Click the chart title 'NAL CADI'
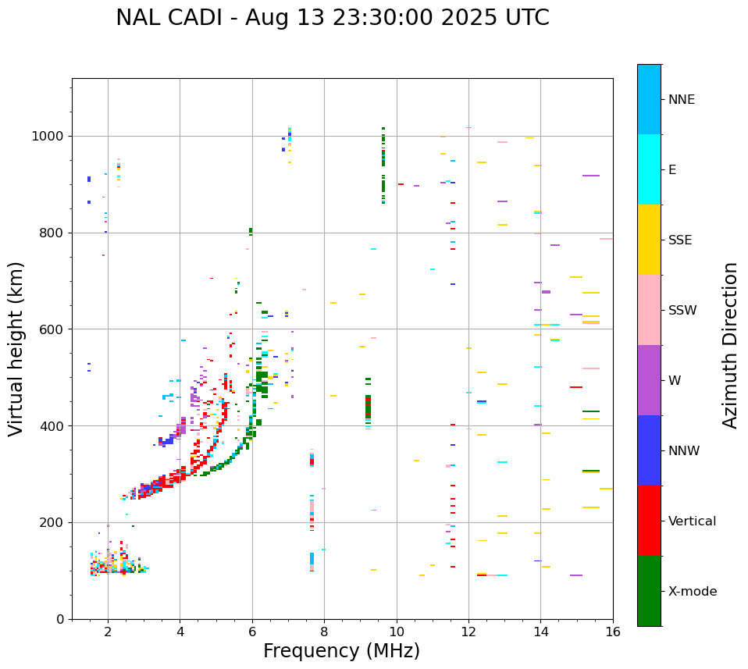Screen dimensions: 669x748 click(172, 18)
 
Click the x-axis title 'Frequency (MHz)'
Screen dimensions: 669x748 click(341, 651)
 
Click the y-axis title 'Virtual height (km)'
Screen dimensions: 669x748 click(17, 349)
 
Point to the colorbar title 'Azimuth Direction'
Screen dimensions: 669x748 click(730, 345)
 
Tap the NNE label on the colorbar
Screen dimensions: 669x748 click(681, 100)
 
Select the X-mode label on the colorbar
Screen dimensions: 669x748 click(692, 592)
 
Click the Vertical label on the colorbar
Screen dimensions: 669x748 click(692, 521)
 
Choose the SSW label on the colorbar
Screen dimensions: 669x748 click(682, 311)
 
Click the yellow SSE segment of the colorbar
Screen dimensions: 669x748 click(649, 239)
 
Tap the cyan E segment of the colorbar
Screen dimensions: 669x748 click(649, 169)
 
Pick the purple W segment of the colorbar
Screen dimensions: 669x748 click(649, 379)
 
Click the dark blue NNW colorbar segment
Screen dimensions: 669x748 click(649, 450)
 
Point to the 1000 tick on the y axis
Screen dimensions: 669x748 click(52, 137)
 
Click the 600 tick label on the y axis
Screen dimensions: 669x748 click(55, 329)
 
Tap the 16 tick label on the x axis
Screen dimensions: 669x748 click(613, 632)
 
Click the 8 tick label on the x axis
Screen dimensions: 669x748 click(324, 632)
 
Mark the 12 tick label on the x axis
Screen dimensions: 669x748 click(468, 632)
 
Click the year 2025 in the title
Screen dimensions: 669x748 click(483, 18)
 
